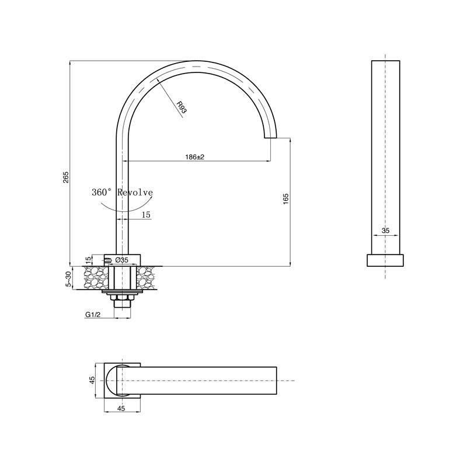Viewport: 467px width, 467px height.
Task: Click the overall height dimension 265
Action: (x=66, y=176)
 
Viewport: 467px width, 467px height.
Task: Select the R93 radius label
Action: (x=182, y=107)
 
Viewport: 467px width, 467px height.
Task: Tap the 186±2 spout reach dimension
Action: (x=194, y=157)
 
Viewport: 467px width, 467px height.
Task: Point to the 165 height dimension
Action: (x=285, y=198)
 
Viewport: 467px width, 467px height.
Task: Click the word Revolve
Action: (x=135, y=192)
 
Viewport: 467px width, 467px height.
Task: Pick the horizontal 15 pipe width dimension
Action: (x=145, y=215)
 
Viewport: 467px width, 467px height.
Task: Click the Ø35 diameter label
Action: (x=122, y=260)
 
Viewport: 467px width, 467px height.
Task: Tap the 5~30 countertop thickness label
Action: (x=69, y=278)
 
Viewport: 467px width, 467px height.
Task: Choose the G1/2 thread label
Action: (x=92, y=315)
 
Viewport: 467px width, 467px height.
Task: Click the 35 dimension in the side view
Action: (x=385, y=231)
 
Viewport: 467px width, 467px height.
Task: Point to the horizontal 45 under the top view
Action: (x=121, y=409)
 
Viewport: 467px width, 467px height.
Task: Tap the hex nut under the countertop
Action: (x=122, y=302)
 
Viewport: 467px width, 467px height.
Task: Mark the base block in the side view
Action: (x=385, y=260)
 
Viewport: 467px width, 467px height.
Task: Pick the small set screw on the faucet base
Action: (x=107, y=260)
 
